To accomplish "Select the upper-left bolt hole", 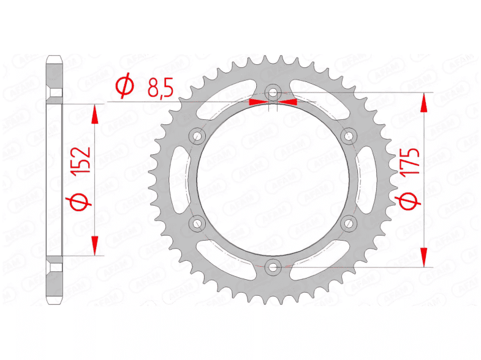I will pyautogui.click(x=197, y=135).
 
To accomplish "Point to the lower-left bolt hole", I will pyautogui.click(x=197, y=222).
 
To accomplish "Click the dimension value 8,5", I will pyautogui.click(x=161, y=89).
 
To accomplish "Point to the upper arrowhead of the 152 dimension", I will pyautogui.click(x=94, y=115).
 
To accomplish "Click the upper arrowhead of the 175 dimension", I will pyautogui.click(x=423, y=104).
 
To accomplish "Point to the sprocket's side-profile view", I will pyautogui.click(x=55, y=179).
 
